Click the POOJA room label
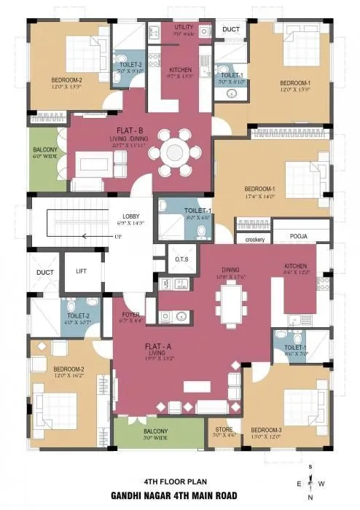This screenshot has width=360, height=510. click(299, 237)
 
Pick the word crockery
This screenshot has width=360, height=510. click(254, 239)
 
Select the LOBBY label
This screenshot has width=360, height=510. click(131, 216)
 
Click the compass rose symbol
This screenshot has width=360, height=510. click(311, 482)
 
